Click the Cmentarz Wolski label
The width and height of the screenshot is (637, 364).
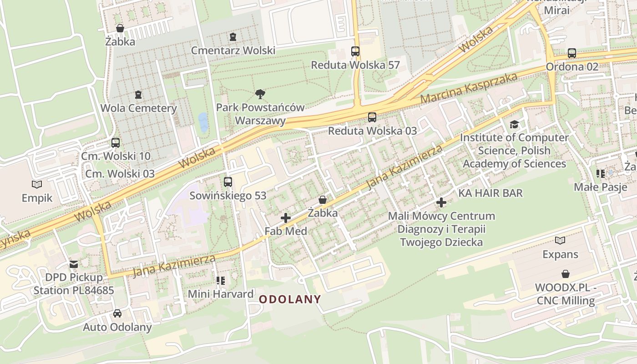(233, 51)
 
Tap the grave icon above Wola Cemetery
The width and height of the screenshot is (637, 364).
(138, 95)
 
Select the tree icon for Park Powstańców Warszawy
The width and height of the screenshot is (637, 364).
(260, 94)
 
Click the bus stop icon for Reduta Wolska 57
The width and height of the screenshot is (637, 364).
(355, 51)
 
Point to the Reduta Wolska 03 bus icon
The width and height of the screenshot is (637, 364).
(372, 117)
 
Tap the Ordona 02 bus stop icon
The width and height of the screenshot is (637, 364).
(572, 53)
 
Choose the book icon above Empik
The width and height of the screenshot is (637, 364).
(37, 184)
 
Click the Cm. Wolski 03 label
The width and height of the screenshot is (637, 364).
(120, 174)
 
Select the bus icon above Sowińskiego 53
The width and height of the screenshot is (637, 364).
(228, 182)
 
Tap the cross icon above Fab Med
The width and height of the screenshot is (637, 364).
(286, 218)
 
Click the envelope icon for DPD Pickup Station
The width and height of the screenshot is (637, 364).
(73, 264)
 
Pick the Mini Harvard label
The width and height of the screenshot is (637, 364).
(221, 294)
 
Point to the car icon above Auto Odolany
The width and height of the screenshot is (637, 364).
(117, 313)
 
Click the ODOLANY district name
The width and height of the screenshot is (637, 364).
(290, 299)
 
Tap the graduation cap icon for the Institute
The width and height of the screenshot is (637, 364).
(514, 124)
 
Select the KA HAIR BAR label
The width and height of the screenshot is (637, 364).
(490, 193)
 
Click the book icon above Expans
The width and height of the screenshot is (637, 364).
(560, 241)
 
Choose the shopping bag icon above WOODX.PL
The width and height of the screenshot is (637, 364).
(565, 274)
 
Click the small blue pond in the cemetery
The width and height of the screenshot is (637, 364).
(203, 122)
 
